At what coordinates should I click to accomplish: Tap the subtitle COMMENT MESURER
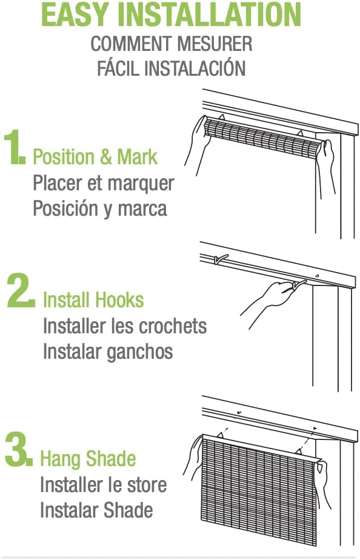(171, 44)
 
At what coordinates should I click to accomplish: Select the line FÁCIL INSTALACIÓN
(171, 68)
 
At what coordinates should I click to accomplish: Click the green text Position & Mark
(95, 157)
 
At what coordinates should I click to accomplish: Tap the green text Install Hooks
(93, 300)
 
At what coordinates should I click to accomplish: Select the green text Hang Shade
(88, 459)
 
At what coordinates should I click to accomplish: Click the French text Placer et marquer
(103, 183)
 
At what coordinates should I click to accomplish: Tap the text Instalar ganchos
(107, 352)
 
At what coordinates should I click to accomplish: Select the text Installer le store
(103, 485)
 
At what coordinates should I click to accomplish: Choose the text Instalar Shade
(96, 510)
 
